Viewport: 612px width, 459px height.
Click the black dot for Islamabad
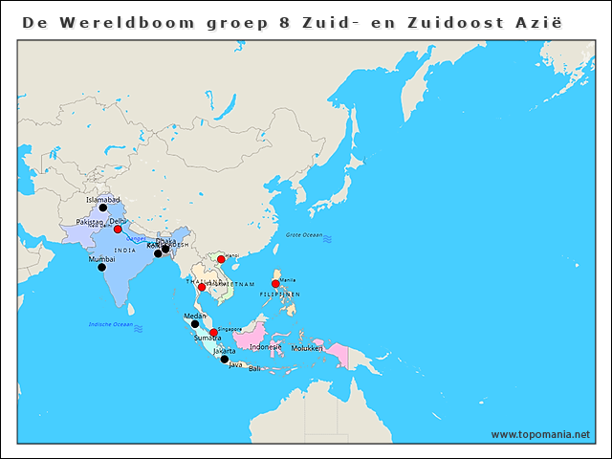[x=102, y=208]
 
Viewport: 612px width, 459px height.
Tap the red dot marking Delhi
[x=118, y=229]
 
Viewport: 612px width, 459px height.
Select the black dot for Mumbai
[x=101, y=267]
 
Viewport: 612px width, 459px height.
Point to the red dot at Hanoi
[x=221, y=259]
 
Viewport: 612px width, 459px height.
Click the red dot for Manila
[x=275, y=283]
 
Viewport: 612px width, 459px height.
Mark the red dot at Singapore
[x=213, y=333]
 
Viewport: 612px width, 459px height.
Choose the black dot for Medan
[x=195, y=324]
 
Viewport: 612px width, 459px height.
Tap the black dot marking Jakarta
[x=225, y=360]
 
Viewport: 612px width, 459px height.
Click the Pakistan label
[x=89, y=222]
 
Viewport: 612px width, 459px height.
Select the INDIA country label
[x=124, y=251]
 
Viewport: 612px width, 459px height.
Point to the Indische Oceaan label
[x=109, y=325]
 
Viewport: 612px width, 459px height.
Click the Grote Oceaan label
[x=304, y=234]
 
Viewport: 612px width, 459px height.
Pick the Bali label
[x=254, y=368]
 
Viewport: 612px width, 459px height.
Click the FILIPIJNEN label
[x=279, y=294]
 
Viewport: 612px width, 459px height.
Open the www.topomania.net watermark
[x=540, y=434]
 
